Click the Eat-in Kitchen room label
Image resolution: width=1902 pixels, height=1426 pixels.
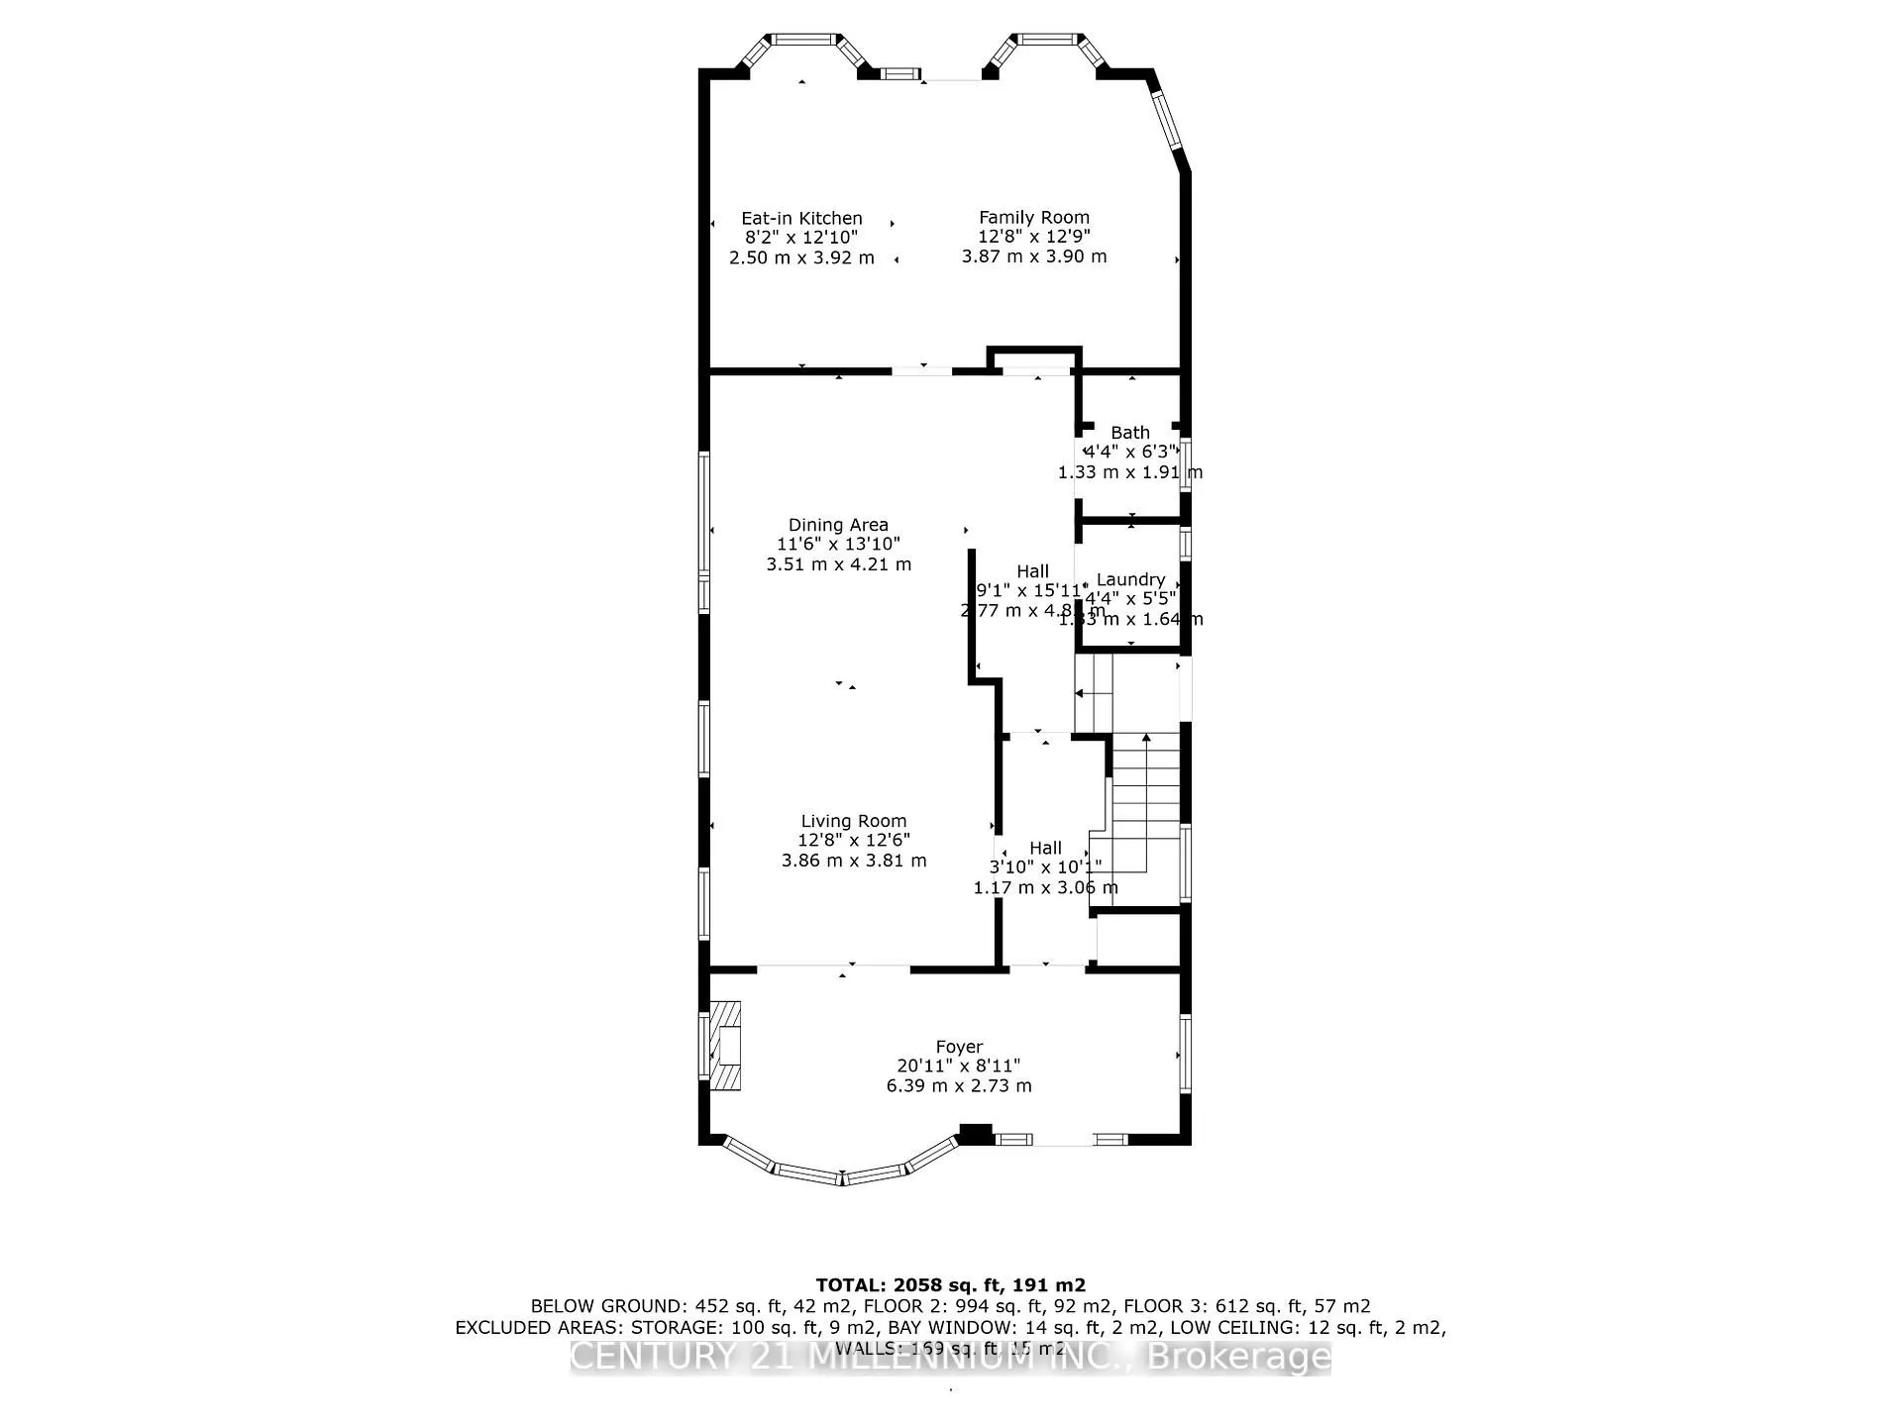coord(801,218)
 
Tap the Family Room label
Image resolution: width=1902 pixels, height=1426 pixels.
coord(1033,217)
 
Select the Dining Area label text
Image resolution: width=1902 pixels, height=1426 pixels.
coord(838,525)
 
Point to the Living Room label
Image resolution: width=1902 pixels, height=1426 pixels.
coord(853,821)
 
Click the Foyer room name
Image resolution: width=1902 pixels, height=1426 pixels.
coord(959,1047)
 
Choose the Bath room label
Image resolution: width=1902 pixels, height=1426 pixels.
coord(1129,433)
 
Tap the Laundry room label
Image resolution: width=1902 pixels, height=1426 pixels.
coord(1130,579)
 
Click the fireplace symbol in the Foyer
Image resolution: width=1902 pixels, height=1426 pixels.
coord(725,1046)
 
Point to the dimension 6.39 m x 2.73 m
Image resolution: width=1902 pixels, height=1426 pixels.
coord(959,1085)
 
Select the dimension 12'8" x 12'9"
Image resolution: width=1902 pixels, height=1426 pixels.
coord(1033,237)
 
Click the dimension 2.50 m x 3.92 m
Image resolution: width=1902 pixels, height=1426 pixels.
coord(801,257)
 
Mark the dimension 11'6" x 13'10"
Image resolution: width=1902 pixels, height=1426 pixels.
coord(838,544)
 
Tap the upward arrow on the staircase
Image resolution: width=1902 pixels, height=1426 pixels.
coord(1146,739)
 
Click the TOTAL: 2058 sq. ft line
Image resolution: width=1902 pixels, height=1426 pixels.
coord(950,1285)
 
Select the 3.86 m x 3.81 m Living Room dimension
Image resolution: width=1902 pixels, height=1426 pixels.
coord(853,861)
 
